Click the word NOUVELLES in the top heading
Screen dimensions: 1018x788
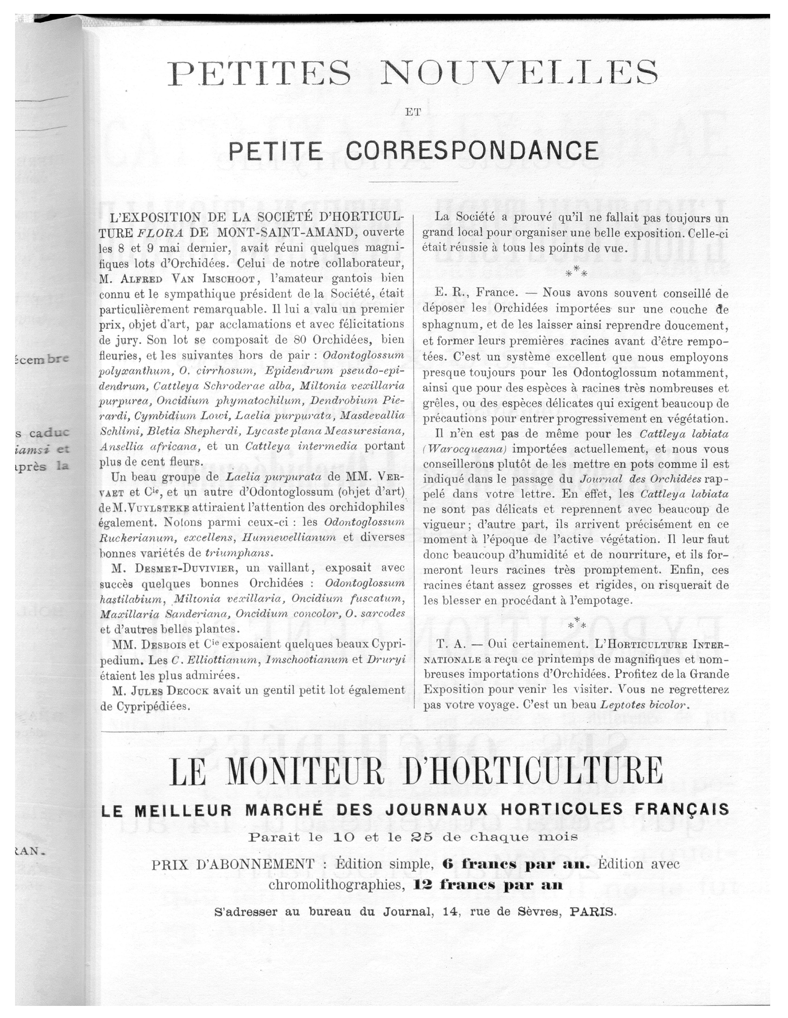519,72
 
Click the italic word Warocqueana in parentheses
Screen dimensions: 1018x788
467,449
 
